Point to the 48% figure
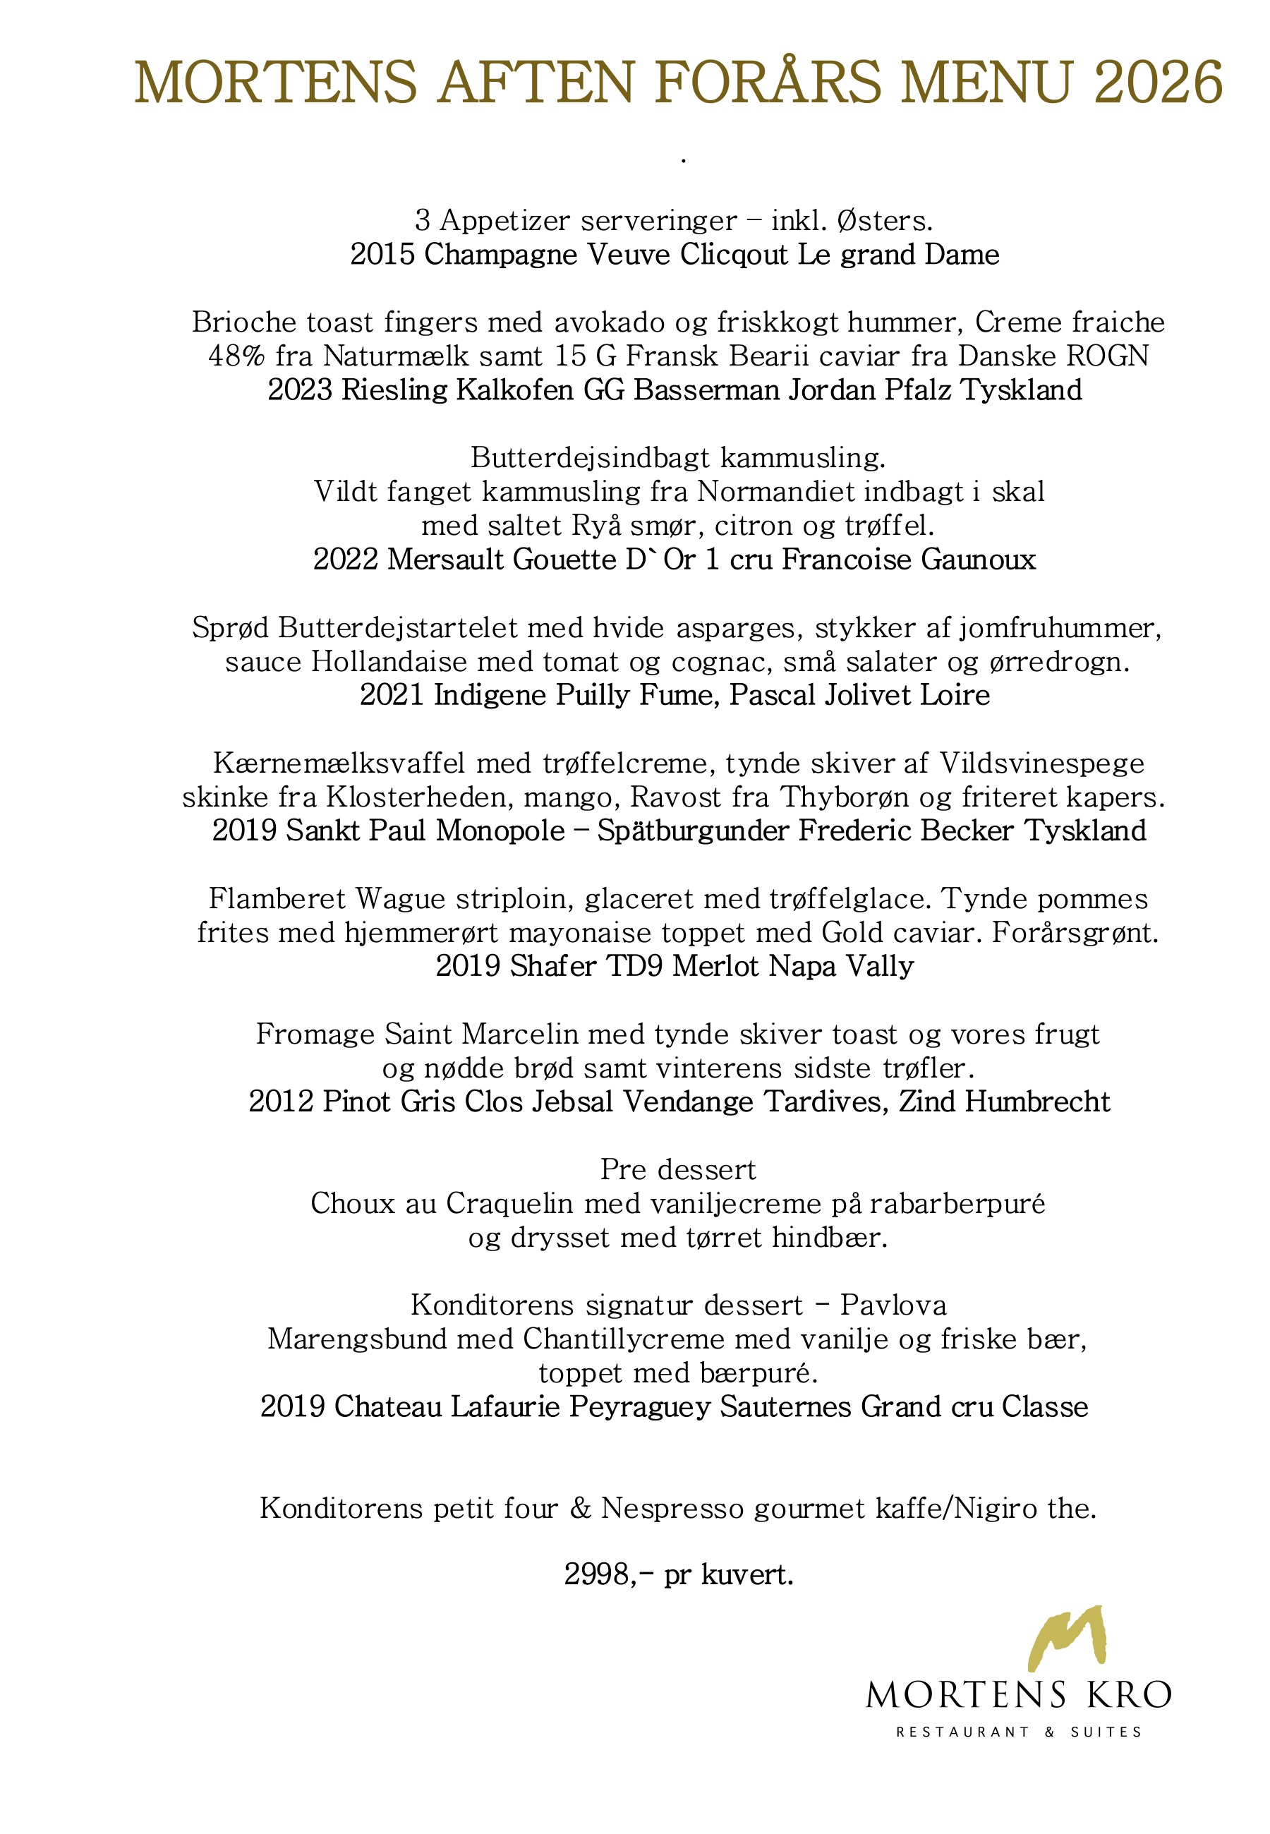click(236, 356)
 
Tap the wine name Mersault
click(446, 560)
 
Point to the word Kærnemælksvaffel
click(339, 764)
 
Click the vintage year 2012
click(281, 1102)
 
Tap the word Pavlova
click(893, 1305)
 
